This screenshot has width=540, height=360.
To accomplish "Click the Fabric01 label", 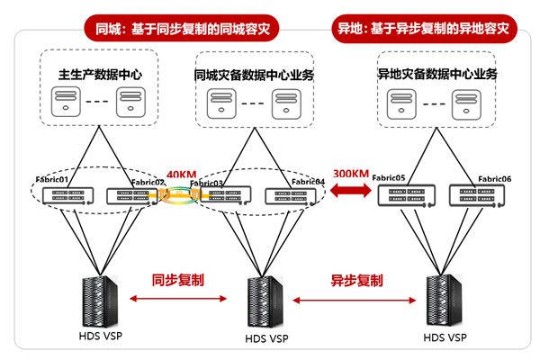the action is point(52,179).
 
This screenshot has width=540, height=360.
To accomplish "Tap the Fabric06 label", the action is point(494,179).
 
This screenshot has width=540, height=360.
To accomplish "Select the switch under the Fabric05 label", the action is point(407,195).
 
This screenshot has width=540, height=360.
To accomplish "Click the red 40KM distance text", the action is point(181,175).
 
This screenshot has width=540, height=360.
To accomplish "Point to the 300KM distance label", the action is point(351,174).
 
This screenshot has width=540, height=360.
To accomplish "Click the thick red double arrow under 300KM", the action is point(351,190).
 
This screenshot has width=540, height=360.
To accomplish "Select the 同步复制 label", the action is point(177,280).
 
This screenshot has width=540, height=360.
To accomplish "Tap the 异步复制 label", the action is point(356,281).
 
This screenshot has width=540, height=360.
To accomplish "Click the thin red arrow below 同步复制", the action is point(178,299).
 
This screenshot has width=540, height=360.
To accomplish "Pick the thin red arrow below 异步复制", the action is point(355,301).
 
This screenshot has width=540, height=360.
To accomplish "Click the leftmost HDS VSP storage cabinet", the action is point(100,301).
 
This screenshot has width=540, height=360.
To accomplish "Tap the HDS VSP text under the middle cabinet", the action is point(266,339).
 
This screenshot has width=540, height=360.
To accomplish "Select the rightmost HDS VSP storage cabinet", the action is point(445,300).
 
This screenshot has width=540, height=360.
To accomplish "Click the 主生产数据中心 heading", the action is point(100,75).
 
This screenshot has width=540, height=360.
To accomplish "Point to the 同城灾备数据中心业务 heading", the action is point(254,75).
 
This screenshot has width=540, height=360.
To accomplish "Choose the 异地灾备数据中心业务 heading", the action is point(436,74).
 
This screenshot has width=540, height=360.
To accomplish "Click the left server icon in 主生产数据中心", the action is point(66,102).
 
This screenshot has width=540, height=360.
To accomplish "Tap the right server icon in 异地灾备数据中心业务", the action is point(466,104).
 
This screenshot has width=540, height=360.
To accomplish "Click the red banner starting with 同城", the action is point(182,29).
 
